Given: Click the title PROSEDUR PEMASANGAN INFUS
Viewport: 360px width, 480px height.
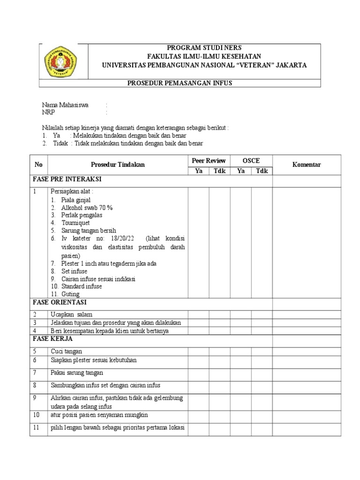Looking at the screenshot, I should pyautogui.click(x=180, y=83).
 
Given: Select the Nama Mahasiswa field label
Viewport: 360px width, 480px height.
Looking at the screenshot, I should pyautogui.click(x=65, y=105).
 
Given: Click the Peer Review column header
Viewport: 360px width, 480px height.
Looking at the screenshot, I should pyautogui.click(x=209, y=160).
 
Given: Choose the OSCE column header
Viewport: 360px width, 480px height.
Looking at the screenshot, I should pyautogui.click(x=251, y=160).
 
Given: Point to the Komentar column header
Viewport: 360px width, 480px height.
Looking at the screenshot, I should pyautogui.click(x=306, y=165).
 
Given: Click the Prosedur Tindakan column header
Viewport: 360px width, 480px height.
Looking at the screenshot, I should pyautogui.click(x=118, y=165).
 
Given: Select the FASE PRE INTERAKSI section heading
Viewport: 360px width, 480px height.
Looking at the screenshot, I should pyautogui.click(x=67, y=179).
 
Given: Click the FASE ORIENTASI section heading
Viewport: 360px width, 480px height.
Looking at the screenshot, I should pyautogui.click(x=60, y=302).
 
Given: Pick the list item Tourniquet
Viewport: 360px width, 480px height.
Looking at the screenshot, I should pyautogui.click(x=75, y=223).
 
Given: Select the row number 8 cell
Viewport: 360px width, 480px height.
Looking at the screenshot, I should pyautogui.click(x=35, y=385).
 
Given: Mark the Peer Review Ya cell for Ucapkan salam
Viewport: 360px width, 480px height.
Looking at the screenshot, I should pyautogui.click(x=198, y=314).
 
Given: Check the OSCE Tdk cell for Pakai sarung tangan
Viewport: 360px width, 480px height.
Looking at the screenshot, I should pyautogui.click(x=262, y=373).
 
